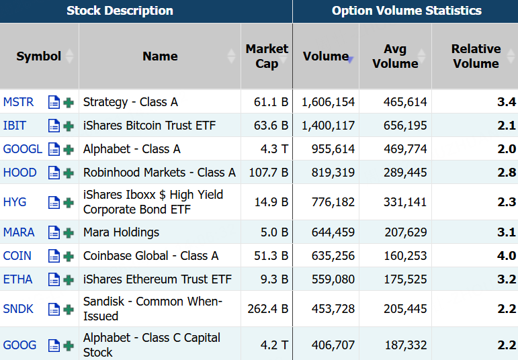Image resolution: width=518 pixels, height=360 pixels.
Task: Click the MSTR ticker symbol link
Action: (19, 102)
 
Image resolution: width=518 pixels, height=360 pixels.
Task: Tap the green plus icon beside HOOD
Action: (69, 173)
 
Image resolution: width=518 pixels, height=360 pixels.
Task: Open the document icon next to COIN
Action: (54, 256)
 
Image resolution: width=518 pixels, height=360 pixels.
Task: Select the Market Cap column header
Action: (267, 56)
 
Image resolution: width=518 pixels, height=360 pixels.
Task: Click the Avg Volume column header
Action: (396, 56)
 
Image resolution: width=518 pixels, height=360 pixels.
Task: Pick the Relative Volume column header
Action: (476, 56)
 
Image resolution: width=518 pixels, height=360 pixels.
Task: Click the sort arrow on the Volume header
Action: (351, 60)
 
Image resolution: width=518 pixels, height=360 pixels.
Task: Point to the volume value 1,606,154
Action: (328, 102)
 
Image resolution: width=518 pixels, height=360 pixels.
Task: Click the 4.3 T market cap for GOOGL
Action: (274, 149)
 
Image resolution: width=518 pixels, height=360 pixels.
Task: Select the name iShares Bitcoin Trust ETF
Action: (149, 126)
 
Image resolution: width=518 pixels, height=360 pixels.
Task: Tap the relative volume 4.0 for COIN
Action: (507, 256)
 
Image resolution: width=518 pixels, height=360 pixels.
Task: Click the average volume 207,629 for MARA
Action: (406, 232)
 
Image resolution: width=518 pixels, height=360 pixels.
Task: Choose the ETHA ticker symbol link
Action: (18, 279)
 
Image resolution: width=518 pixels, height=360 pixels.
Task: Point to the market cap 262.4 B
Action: (268, 309)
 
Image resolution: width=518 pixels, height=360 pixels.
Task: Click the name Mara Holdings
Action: (121, 232)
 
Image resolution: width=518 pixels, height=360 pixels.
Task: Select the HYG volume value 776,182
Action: (333, 202)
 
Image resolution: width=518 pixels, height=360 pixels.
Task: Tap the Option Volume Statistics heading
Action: (406, 11)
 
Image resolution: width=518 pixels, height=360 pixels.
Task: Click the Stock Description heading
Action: (120, 11)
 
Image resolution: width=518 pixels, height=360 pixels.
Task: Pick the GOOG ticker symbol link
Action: (20, 345)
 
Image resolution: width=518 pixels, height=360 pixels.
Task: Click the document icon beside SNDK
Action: (54, 309)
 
